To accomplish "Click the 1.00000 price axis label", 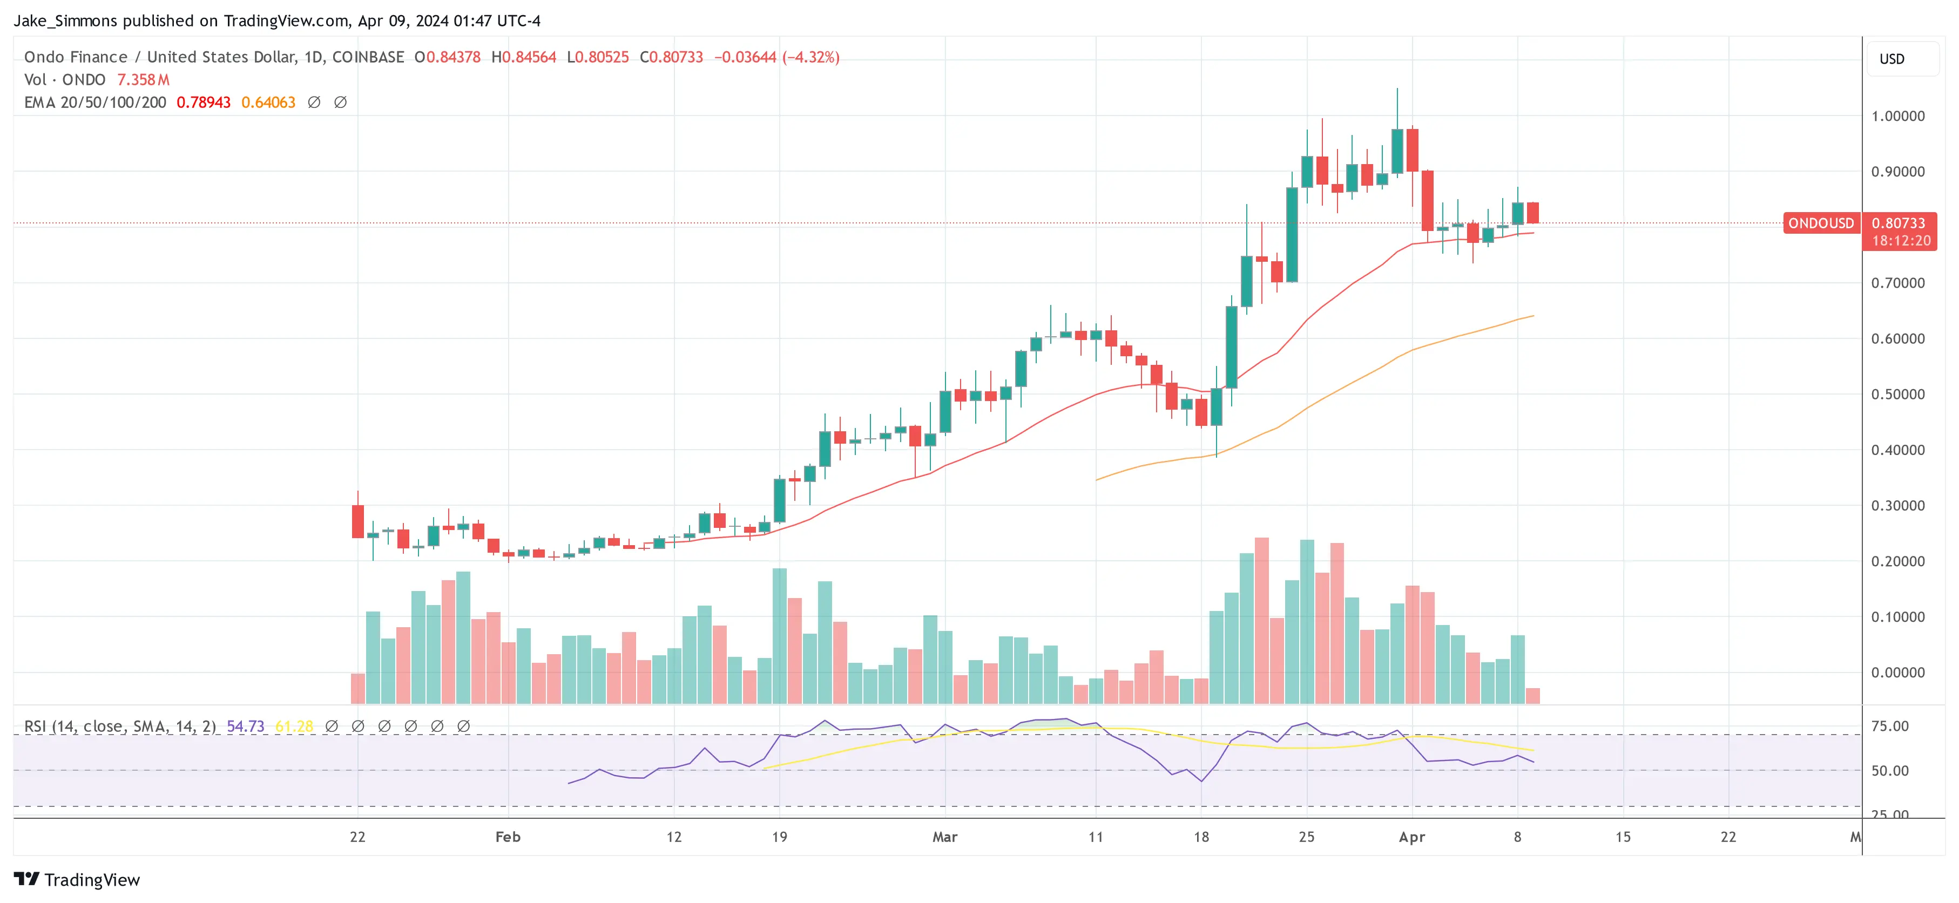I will tap(1897, 116).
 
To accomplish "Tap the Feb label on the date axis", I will tap(508, 837).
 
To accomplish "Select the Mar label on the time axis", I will tap(944, 837).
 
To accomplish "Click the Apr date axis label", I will tap(1411, 837).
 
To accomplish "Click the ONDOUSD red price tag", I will tap(1821, 223).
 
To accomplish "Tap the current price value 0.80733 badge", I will tap(1898, 223).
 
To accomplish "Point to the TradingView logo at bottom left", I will tap(77, 879).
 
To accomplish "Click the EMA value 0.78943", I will tap(203, 103).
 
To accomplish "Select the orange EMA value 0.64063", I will tap(268, 103).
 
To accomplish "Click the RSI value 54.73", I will tap(245, 727).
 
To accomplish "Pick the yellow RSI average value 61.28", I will tap(294, 727).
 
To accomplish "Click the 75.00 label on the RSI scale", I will tap(1890, 727).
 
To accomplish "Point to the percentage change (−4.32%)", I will tap(810, 58).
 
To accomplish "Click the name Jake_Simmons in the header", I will tap(65, 21).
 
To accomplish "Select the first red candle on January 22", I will tap(357, 521).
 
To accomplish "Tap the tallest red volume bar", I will tap(1262, 620).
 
